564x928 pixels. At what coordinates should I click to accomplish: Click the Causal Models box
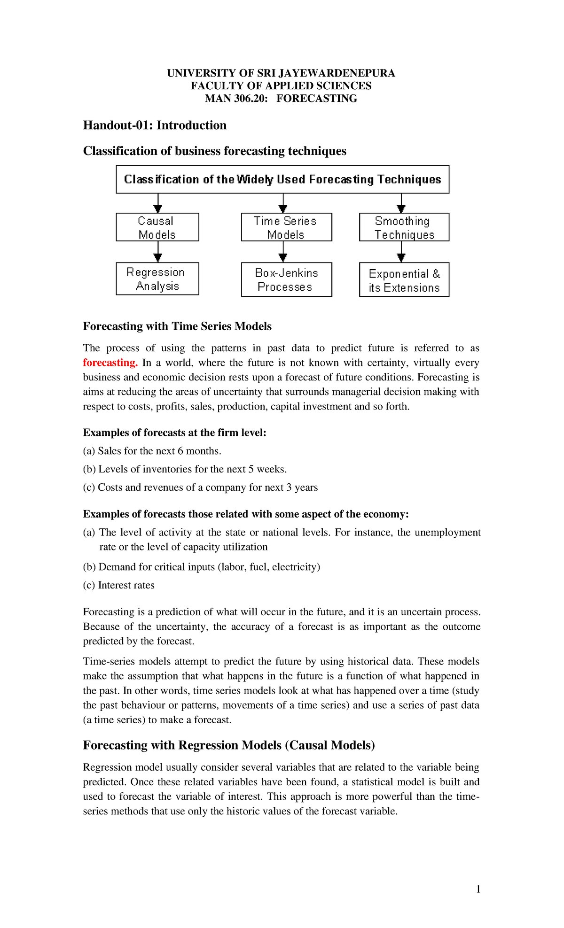(157, 227)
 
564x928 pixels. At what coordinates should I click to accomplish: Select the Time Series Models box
(286, 227)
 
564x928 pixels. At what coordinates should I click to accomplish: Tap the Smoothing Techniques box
(404, 227)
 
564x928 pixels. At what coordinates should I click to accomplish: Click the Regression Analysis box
(157, 279)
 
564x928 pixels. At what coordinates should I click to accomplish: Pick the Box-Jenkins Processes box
(286, 280)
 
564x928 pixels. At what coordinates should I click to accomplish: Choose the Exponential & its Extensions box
(404, 280)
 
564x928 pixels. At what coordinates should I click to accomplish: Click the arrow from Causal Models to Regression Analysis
(158, 253)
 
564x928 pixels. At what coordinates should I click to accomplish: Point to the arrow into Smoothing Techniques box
(401, 204)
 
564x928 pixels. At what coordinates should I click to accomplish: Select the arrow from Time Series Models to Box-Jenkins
(283, 253)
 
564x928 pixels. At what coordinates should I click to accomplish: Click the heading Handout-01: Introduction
(155, 125)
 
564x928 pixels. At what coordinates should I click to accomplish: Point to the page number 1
(478, 889)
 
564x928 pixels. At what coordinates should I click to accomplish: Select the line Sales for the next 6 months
(152, 451)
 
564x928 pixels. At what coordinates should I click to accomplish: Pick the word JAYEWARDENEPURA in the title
(337, 73)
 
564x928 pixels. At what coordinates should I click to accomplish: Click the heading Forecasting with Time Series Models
(177, 326)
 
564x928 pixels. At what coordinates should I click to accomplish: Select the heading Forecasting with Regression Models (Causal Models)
(229, 745)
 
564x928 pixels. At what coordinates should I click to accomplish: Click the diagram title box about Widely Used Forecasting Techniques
(282, 179)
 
